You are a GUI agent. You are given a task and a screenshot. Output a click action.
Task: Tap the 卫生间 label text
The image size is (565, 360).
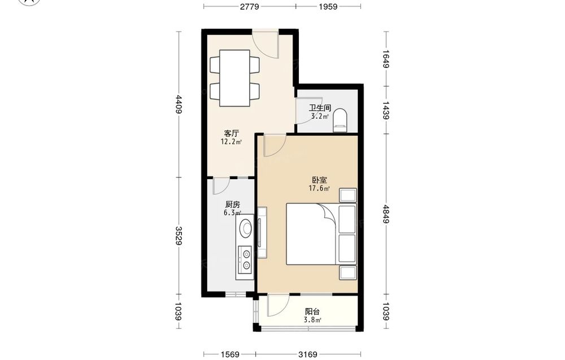[x=320, y=108]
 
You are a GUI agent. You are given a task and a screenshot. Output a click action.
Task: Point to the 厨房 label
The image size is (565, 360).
[x=232, y=205]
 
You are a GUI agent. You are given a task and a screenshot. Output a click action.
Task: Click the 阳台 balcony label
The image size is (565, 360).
[x=312, y=312]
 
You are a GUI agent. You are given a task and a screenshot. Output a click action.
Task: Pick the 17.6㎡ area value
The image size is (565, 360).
[x=319, y=188]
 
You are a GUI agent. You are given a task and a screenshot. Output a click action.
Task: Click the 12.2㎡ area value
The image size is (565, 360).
[x=231, y=142]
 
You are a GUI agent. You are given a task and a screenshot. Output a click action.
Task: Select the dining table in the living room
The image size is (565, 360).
[x=235, y=78]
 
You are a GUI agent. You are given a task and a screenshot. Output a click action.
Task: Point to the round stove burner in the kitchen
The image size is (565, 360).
[x=247, y=228]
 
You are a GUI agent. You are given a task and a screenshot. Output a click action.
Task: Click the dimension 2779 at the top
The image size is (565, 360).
[x=249, y=6]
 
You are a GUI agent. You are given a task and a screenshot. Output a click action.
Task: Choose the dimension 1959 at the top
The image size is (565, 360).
[x=328, y=6]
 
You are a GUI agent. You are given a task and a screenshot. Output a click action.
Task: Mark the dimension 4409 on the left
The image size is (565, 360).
[x=179, y=104]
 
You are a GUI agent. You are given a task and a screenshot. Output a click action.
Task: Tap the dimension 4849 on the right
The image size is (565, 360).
[x=386, y=214]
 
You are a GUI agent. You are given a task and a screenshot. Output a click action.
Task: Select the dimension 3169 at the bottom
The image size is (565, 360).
[x=308, y=354]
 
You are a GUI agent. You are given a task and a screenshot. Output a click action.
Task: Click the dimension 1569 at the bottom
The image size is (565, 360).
[x=229, y=354]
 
